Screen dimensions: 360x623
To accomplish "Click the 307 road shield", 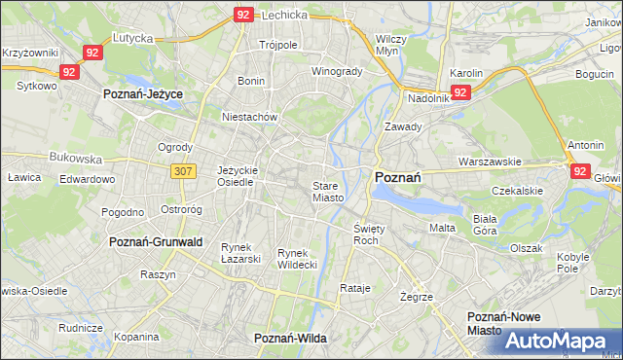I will pyautogui.click(x=182, y=171).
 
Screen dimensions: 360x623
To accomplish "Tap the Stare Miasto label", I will pyautogui.click(x=328, y=192).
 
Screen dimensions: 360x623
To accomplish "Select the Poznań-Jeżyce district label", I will pyautogui.click(x=143, y=93).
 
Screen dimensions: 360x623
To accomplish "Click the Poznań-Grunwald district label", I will pyautogui.click(x=156, y=241).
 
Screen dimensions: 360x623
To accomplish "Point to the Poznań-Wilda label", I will pyautogui.click(x=290, y=338).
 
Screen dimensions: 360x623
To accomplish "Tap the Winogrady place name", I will pyautogui.click(x=337, y=71).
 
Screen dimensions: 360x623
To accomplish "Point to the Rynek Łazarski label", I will pyautogui.click(x=241, y=253).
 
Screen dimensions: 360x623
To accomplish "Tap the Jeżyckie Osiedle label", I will pyautogui.click(x=237, y=175).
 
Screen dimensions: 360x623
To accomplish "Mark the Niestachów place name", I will pyautogui.click(x=250, y=117).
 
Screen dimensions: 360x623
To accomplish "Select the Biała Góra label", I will pyautogui.click(x=485, y=226).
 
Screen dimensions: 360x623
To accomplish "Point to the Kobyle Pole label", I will pyautogui.click(x=574, y=263).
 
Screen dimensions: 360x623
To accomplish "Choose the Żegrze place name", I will pyautogui.click(x=416, y=296).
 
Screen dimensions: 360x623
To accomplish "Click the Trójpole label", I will pyautogui.click(x=277, y=45).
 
